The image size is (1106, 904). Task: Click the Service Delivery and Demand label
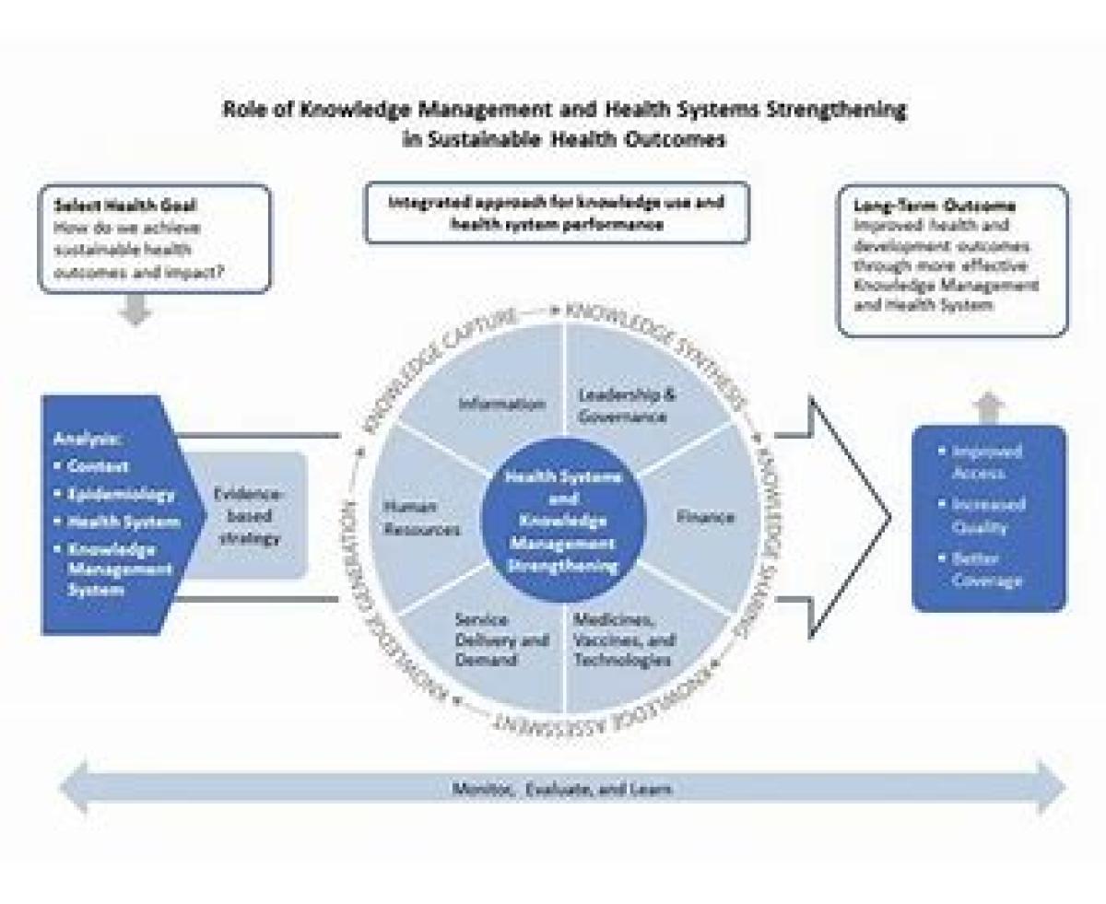[501, 640]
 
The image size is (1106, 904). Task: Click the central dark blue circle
[563, 522]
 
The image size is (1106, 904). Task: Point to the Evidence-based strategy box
[250, 515]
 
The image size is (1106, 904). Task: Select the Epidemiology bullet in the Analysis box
[120, 494]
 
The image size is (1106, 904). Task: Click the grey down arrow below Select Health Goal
[135, 311]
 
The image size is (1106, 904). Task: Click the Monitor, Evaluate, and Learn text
[561, 790]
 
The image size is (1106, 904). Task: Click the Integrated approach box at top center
[557, 213]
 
